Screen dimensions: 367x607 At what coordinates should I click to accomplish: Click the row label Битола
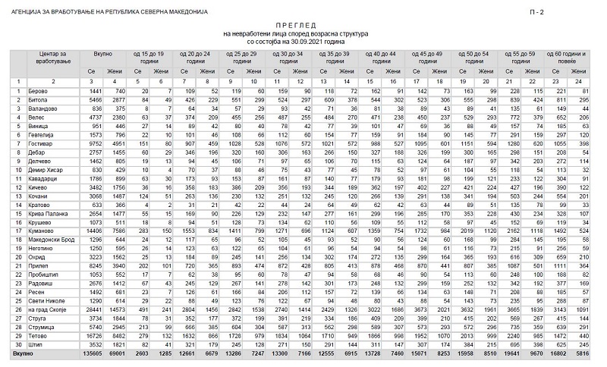coord(40,99)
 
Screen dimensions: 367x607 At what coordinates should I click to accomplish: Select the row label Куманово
coord(43,228)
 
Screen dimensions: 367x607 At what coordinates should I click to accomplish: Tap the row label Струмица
coord(43,327)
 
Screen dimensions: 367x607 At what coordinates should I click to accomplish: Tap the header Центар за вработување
coord(53,57)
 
